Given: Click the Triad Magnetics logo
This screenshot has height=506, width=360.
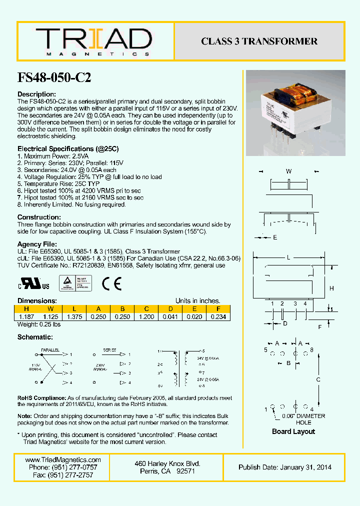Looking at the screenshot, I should coord(93,41).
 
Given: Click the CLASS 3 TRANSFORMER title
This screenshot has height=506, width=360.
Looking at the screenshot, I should coord(259,41).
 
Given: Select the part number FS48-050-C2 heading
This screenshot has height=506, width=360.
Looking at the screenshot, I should coord(54,77).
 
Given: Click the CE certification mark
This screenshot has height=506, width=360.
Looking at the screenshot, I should coord(112,284).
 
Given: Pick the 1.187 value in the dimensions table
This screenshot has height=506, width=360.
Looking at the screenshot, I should coord(26,316).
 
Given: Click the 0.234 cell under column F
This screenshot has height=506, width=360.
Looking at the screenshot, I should coord(218,316).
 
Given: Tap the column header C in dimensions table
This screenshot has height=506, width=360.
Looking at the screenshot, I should coord(146,309).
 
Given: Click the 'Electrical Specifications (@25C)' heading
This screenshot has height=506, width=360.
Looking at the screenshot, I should coord(68,148).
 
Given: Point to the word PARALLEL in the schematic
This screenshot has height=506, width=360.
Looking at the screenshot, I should coord(50,350).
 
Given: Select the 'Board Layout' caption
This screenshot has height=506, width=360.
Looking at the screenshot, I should coord(293,431).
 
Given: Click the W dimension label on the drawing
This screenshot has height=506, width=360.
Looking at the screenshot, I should coord(288,171).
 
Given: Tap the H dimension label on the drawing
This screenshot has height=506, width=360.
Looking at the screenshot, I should coord(331,288).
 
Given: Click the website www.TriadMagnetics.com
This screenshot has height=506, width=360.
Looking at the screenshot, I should coord(62,460).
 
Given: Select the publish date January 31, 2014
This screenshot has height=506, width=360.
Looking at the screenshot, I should coord(285,467).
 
